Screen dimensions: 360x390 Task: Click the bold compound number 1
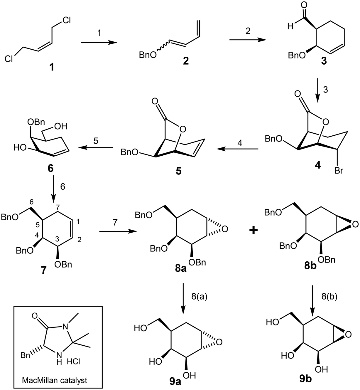tap(52, 68)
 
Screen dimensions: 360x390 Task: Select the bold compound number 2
tap(185, 61)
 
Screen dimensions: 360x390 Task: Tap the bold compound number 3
tap(324, 61)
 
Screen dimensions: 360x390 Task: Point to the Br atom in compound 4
tap(339, 171)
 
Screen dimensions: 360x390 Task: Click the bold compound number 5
tap(179, 171)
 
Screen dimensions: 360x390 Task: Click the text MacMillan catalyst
tap(55, 380)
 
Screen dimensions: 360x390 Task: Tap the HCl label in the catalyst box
tap(74, 361)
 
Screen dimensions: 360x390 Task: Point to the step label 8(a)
tap(200, 297)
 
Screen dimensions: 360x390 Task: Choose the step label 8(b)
tap(329, 297)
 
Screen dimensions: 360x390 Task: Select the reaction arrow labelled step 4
tap(237, 149)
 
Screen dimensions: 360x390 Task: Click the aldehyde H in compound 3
tap(290, 26)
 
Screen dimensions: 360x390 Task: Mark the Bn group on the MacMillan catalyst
tap(25, 355)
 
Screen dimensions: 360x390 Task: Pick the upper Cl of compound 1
tap(67, 20)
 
